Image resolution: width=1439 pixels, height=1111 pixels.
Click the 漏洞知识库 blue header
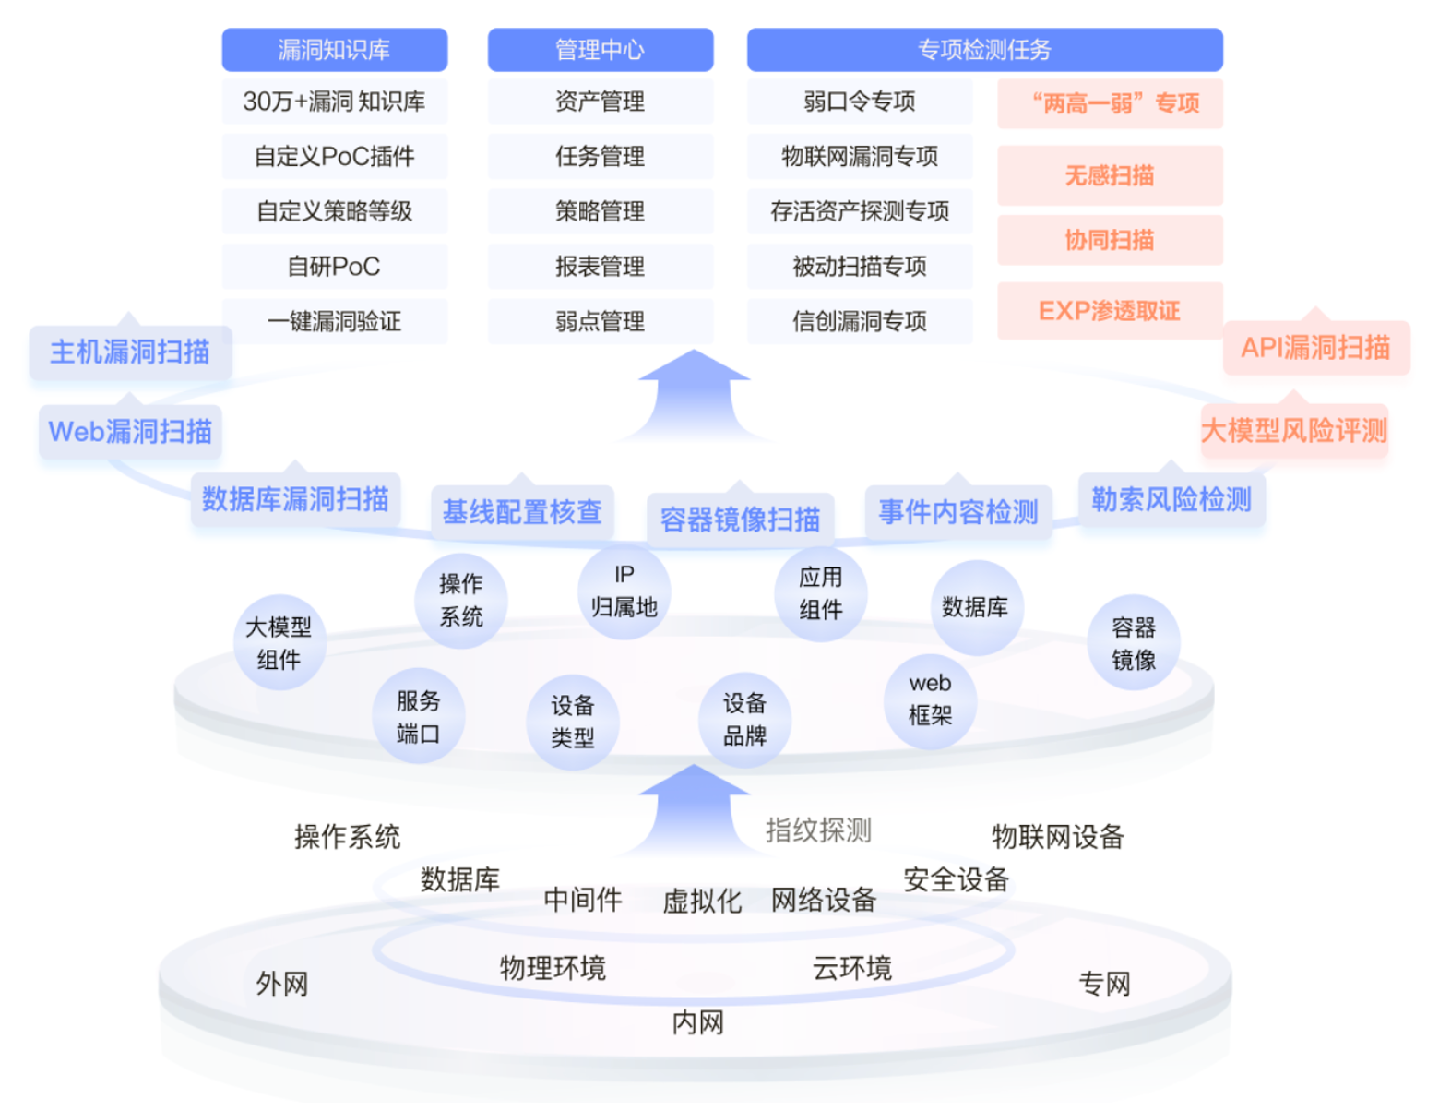334,50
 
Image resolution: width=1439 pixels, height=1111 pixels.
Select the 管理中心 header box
600,50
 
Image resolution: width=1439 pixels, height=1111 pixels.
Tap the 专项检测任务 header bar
984,50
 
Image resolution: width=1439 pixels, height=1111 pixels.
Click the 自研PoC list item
334,267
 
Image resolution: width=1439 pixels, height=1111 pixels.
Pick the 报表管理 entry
600,267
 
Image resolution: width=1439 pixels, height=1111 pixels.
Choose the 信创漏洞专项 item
859,321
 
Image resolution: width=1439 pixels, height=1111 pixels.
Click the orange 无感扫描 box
1110,175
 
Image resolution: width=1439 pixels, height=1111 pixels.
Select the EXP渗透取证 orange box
1110,311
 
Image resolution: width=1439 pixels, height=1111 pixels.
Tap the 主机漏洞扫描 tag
130,352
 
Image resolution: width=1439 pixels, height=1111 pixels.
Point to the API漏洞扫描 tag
1315,348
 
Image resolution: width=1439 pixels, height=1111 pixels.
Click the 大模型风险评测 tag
1294,430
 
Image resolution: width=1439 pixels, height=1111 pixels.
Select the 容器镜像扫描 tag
740,519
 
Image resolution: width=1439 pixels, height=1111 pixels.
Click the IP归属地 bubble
624,591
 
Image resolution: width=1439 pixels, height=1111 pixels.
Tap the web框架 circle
930,699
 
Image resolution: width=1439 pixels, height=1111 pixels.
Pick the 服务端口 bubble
418,717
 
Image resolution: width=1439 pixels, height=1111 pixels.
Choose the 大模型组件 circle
279,643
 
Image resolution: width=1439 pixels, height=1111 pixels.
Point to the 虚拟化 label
702,901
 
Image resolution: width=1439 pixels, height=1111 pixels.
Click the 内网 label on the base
697,1022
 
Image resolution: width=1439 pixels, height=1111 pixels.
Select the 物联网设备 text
1057,837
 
